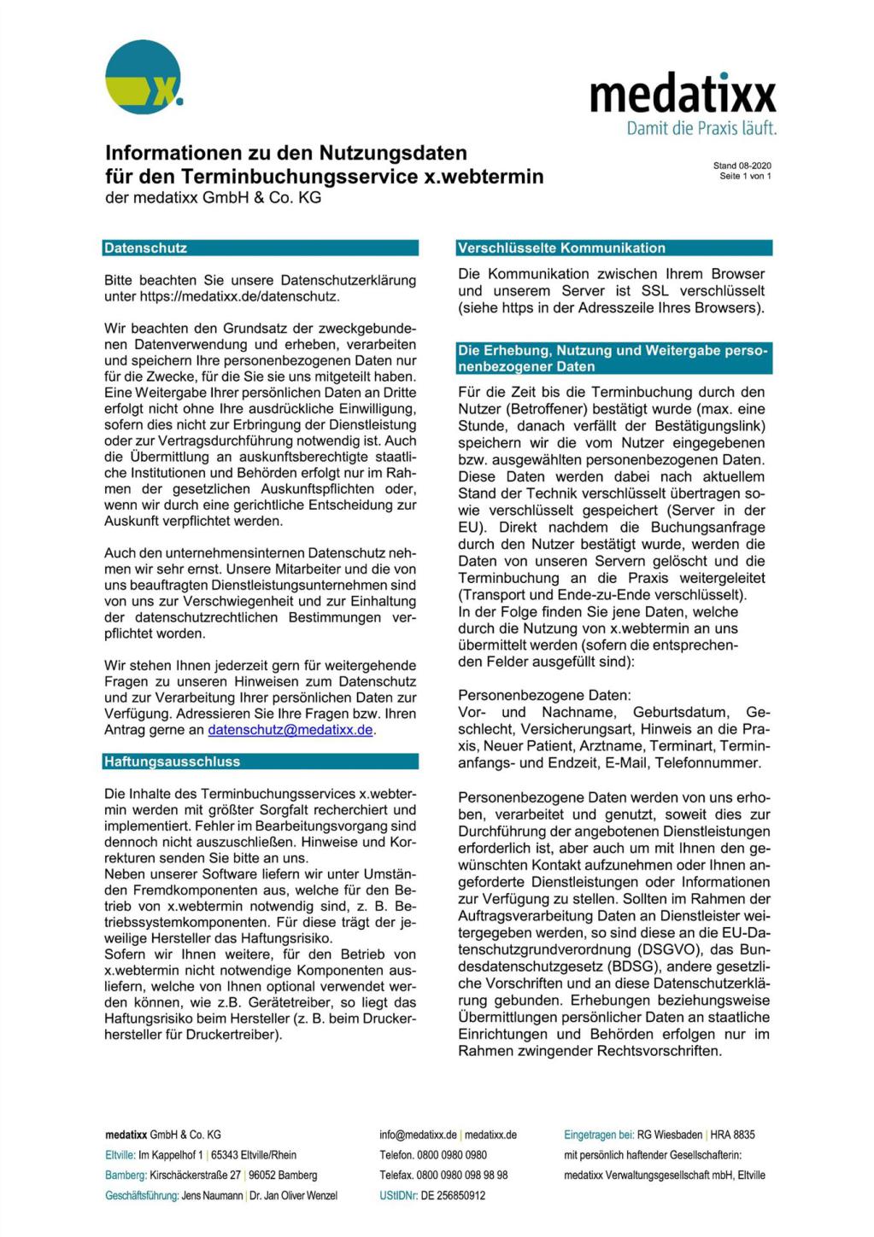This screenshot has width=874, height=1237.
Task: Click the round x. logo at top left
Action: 144,78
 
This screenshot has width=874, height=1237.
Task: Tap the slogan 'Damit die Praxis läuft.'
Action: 701,129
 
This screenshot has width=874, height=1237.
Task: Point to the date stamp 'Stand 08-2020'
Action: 742,166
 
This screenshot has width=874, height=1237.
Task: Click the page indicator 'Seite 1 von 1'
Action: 745,176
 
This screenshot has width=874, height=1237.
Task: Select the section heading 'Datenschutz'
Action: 145,248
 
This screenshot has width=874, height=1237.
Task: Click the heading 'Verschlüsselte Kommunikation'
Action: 561,248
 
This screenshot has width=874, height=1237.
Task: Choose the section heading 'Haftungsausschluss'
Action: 172,761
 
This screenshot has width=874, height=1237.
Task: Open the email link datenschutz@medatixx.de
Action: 290,730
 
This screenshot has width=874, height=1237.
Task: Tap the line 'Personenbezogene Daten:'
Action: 544,696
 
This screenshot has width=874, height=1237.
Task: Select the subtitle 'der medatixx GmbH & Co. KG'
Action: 213,198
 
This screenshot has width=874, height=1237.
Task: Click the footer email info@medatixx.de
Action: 418,1135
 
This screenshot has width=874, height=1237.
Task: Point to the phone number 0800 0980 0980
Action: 452,1155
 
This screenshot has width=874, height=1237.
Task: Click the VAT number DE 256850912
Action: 453,1195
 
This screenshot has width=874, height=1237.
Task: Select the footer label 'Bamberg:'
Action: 126,1176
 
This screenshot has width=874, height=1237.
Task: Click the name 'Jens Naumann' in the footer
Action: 212,1195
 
